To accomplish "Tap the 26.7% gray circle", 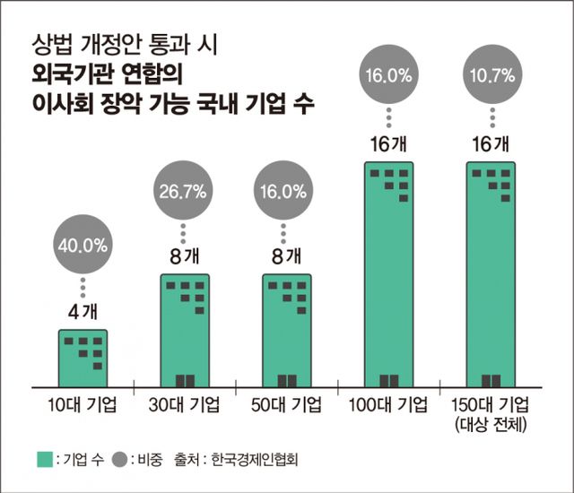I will tap(184, 192).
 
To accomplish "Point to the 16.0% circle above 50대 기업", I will tap(286, 192).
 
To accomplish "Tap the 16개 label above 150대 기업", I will tap(490, 143).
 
